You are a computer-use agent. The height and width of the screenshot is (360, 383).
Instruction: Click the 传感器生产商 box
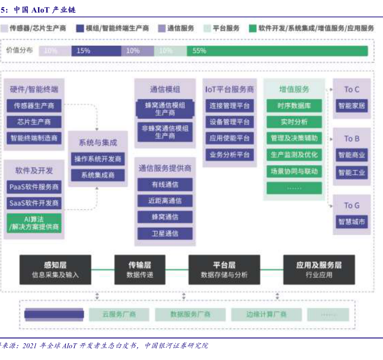tap(34, 105)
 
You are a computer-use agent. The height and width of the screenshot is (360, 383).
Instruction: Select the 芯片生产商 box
tap(34, 122)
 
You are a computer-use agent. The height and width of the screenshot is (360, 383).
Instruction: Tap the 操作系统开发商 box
tap(98, 159)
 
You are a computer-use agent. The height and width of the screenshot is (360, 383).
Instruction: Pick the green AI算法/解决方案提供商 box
tap(34, 223)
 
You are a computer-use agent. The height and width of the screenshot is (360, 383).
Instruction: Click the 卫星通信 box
tap(165, 233)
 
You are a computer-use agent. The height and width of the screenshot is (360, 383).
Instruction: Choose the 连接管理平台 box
tap(229, 105)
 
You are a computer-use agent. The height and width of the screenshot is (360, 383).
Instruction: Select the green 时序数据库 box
tap(294, 105)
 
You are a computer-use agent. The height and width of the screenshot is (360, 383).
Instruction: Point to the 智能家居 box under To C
tap(351, 105)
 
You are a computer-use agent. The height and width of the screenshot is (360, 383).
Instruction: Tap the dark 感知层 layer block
tap(55, 270)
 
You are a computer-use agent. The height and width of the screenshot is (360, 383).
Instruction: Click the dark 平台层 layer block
tap(223, 270)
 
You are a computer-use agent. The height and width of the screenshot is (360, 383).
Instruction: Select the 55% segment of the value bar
tap(277, 51)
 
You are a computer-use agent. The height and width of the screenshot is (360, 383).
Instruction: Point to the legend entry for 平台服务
tap(222, 28)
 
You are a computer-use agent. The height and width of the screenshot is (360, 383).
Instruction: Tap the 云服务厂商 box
tap(119, 314)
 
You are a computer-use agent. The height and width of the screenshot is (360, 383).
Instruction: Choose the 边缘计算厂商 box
tap(266, 314)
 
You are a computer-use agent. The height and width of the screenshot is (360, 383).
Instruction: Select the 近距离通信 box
tap(165, 201)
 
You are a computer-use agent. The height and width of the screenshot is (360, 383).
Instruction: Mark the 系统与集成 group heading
tap(98, 142)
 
